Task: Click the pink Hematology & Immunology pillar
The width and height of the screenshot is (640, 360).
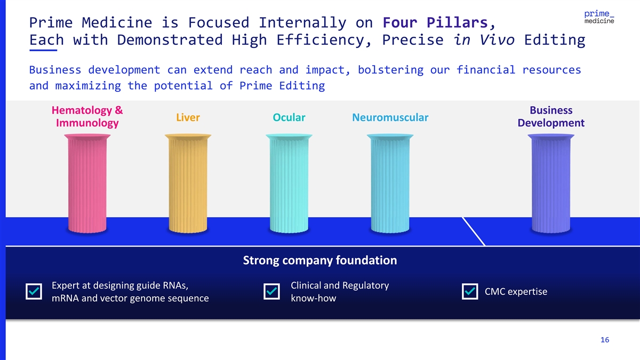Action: coord(87,183)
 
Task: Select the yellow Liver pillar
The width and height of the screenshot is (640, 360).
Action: coord(188,183)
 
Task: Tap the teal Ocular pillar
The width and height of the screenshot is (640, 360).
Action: coord(289,183)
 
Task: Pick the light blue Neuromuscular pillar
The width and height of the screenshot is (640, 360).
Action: coord(390,183)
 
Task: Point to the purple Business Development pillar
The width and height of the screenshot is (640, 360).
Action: coord(551,183)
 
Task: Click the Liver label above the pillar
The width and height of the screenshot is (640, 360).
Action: coord(188,117)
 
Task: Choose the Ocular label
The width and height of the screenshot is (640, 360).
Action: coord(289,117)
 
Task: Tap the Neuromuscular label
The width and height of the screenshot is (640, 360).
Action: coord(390,117)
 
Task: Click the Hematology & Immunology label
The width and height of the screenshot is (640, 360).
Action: coord(87,117)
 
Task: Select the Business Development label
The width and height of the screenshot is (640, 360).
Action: coord(551,117)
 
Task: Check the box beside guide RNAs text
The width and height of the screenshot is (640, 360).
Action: coord(34,291)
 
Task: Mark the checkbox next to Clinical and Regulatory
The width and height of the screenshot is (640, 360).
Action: coord(271,291)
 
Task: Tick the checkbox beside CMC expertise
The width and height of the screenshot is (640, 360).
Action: coord(470,291)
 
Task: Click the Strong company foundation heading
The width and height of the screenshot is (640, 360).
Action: coord(320,260)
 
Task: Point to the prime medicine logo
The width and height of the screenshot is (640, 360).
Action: coord(599,17)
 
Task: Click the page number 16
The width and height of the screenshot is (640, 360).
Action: coord(605,340)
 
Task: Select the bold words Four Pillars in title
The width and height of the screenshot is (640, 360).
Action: coord(435,22)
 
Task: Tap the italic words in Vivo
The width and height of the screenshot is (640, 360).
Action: coord(484,39)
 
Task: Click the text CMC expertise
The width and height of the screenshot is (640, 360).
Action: coord(516,292)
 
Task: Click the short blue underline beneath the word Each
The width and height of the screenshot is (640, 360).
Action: coord(43,50)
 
